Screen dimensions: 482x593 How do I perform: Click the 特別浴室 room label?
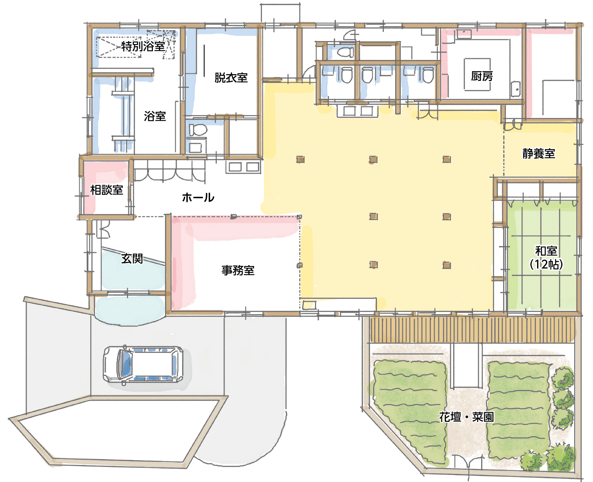point(143,46)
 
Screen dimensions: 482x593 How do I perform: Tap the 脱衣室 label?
point(231,78)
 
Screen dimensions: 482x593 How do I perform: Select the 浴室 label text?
point(155,116)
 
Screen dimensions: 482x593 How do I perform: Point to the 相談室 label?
point(106,190)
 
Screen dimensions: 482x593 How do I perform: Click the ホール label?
point(198,197)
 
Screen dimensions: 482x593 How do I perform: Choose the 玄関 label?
point(132,258)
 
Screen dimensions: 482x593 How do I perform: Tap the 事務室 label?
point(238,270)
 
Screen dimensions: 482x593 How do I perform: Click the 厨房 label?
point(482,76)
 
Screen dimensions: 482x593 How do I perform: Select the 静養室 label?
point(538,153)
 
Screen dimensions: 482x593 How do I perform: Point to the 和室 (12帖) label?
point(546,258)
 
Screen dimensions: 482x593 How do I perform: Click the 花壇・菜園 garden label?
point(466,417)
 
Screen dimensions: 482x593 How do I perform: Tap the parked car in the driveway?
point(143,365)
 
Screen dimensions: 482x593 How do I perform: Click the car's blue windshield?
point(126,364)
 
